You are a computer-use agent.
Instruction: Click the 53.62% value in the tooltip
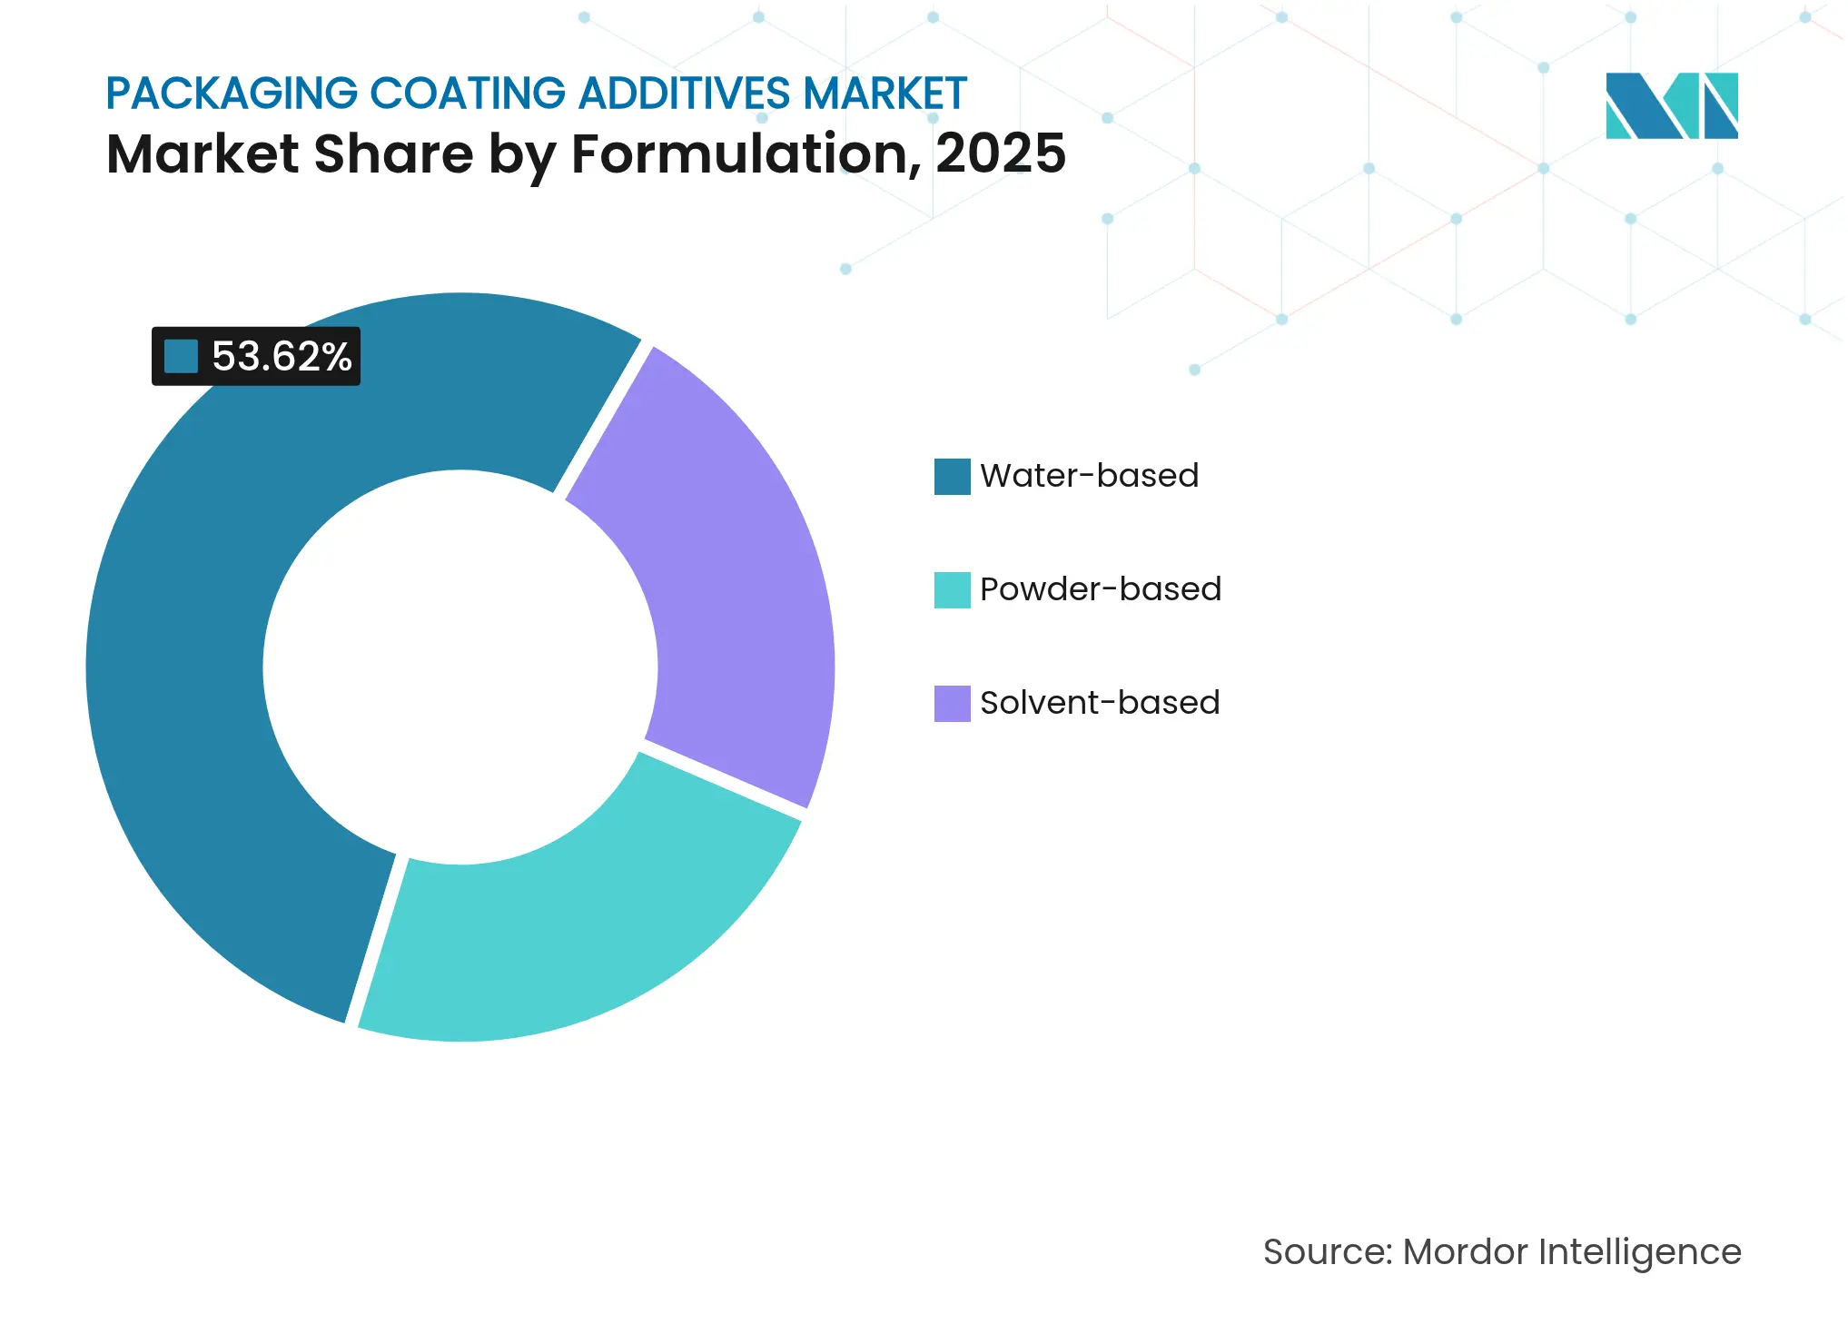click(282, 357)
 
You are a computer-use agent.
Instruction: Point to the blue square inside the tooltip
click(181, 357)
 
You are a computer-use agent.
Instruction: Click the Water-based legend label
click(1089, 476)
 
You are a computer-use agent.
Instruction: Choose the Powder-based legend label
click(1100, 589)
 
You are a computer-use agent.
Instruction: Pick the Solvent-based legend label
click(1099, 703)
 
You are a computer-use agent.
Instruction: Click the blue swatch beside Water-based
click(952, 477)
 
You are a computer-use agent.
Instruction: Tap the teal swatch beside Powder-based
click(952, 590)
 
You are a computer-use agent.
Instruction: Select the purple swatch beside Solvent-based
click(952, 704)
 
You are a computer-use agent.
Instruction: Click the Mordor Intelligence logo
click(1671, 105)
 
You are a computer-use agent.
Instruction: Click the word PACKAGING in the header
click(232, 94)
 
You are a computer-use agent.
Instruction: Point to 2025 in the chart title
click(1000, 153)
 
